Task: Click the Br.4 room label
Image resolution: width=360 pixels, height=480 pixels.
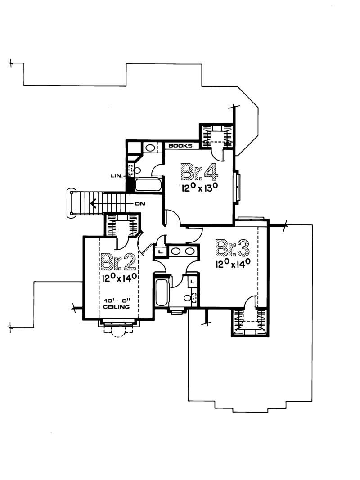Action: click(199, 172)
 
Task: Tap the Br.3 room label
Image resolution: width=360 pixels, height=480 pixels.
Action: click(232, 248)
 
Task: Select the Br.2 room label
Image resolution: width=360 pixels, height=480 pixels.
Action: click(118, 262)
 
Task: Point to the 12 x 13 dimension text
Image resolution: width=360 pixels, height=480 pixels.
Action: click(200, 187)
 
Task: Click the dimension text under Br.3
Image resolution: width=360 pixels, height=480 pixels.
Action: click(233, 263)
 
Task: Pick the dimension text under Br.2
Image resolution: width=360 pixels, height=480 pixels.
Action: click(119, 278)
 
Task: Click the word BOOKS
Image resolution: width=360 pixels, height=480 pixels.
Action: click(180, 146)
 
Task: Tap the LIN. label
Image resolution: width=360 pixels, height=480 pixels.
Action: click(117, 176)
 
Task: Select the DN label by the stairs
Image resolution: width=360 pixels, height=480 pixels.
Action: click(140, 204)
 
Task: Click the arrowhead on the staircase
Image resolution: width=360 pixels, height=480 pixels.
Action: click(93, 203)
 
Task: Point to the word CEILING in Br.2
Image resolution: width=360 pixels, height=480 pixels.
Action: click(117, 307)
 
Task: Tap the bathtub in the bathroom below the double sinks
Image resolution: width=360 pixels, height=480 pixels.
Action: click(162, 292)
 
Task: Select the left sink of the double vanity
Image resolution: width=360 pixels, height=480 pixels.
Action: click(175, 251)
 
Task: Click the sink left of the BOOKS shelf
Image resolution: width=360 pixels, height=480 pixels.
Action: click(150, 148)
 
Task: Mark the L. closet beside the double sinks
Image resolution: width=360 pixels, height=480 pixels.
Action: click(160, 251)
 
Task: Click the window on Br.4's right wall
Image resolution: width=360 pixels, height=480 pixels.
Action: click(237, 187)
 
